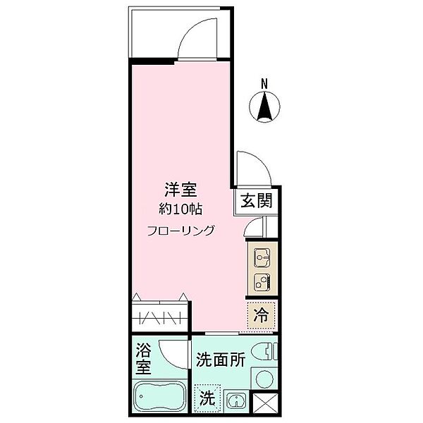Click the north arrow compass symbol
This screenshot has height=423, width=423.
click(x=265, y=106)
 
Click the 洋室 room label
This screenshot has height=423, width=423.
click(x=180, y=190)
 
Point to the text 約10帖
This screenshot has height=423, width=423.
click(x=180, y=209)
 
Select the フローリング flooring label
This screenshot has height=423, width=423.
click(x=181, y=230)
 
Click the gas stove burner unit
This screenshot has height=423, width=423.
click(x=262, y=283)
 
